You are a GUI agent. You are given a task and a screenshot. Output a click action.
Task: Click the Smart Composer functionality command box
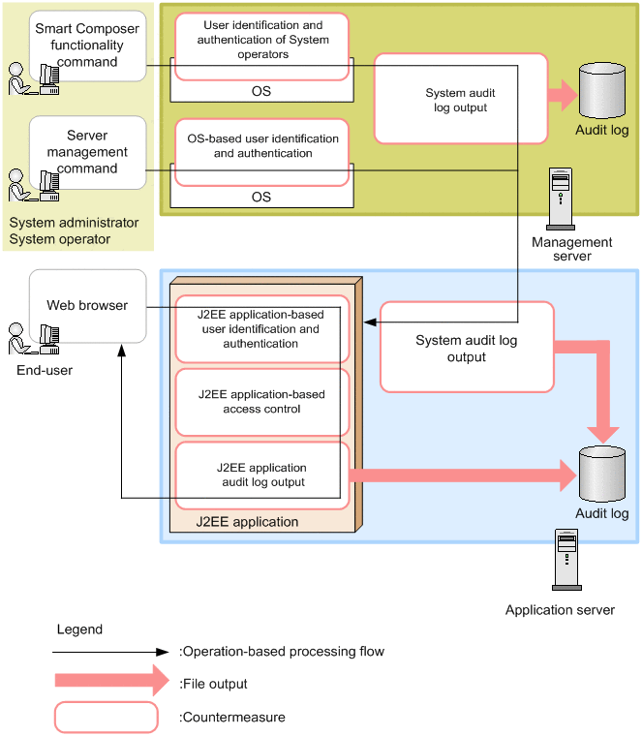point(87,46)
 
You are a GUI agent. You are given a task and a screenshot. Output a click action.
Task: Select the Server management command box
point(87,152)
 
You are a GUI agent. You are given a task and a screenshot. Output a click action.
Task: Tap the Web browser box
point(87,305)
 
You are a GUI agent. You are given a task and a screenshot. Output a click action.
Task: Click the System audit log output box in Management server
point(460,100)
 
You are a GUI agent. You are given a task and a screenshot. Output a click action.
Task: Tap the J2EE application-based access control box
point(261,401)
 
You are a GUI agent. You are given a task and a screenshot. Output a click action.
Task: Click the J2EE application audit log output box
point(261,475)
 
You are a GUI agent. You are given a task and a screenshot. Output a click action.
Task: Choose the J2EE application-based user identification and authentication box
point(261,329)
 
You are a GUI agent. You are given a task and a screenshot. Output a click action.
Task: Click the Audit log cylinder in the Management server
point(601,91)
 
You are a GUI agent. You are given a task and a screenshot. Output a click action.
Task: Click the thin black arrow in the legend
point(112,652)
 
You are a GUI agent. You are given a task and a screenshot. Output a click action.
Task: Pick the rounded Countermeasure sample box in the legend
point(106,718)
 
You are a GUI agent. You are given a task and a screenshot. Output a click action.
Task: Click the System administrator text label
point(74,223)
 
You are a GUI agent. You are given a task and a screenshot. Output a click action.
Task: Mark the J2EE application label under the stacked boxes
point(247,521)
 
